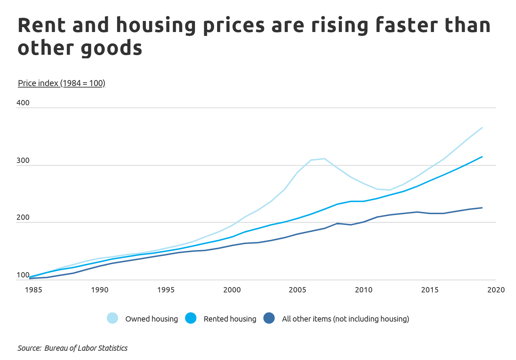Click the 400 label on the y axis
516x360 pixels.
coord(23,103)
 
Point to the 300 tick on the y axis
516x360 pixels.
coord(23,161)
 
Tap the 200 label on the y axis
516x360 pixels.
coord(23,218)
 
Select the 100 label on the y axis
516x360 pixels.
coord(23,275)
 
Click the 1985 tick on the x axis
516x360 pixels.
coord(33,290)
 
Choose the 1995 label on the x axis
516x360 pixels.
coord(166,290)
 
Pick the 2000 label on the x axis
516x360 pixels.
coord(232,290)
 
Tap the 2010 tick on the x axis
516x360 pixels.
coord(364,290)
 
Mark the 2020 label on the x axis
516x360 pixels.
coord(496,290)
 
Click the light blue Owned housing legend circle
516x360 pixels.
coord(112,318)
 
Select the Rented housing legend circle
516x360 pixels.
coord(191,318)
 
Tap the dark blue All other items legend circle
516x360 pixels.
coord(269,318)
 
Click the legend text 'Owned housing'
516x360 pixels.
coord(152,319)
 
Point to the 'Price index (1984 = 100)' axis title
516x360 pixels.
coord(62,83)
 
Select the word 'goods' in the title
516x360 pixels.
coord(111,48)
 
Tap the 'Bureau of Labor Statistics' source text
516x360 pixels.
coord(86,348)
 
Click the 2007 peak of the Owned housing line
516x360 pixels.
coord(324,159)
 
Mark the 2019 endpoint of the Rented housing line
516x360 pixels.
coord(482,157)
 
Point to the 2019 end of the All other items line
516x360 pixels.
coord(482,208)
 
